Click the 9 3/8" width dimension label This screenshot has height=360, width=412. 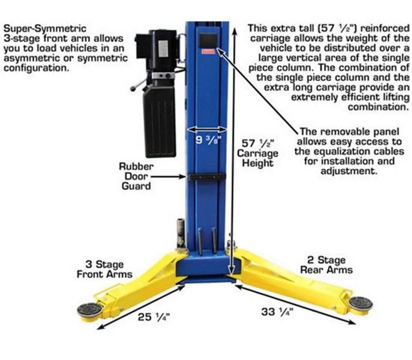click(207, 140)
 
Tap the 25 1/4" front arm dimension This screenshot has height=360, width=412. click(154, 317)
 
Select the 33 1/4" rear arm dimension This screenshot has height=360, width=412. click(277, 312)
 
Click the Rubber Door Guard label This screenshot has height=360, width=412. click(136, 176)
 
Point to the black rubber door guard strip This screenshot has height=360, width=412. click(206, 177)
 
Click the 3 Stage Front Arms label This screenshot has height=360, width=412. click(104, 269)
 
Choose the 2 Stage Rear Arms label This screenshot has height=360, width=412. click(327, 265)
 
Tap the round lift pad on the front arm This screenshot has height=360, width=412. click(90, 311)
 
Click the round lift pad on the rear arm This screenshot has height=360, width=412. click(360, 305)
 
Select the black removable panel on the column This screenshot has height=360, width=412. click(208, 40)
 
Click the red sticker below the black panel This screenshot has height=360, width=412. click(208, 51)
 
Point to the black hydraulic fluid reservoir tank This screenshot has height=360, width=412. click(160, 121)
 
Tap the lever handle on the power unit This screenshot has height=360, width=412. click(139, 85)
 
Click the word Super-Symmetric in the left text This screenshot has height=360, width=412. click(45, 28)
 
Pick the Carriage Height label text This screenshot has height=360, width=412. click(258, 158)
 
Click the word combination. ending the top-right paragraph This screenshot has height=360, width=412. click(378, 107)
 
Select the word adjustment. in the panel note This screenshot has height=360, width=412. click(349, 171)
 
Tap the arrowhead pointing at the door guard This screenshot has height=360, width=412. click(184, 177)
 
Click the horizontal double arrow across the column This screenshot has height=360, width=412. click(207, 129)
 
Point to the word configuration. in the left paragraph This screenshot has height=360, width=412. click(36, 68)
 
